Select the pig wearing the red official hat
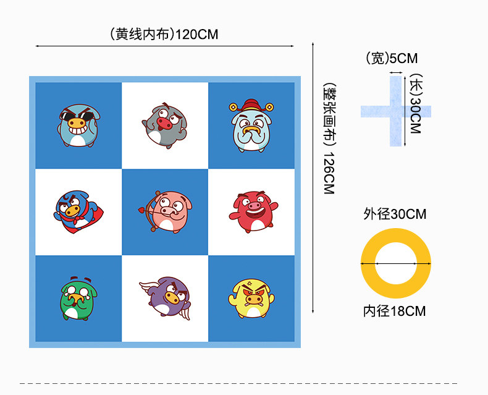click(x=250, y=125)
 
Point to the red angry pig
click(x=251, y=211)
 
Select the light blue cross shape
click(x=395, y=111)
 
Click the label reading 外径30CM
click(x=395, y=214)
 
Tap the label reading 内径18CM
click(x=395, y=311)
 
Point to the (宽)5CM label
click(x=392, y=59)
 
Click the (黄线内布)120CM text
click(x=164, y=35)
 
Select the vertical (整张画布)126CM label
click(x=328, y=138)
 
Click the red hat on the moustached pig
click(x=250, y=104)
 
